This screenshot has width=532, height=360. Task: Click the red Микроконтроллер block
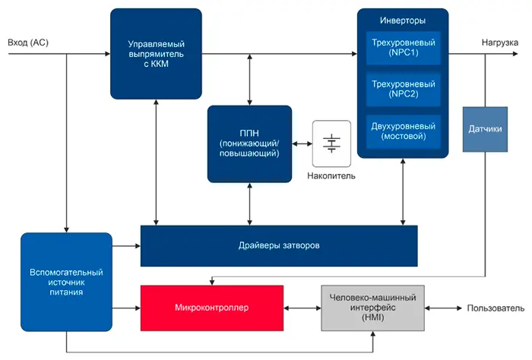click(212, 308)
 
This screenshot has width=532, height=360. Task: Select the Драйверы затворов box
click(279, 245)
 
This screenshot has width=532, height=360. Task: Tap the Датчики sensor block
click(485, 129)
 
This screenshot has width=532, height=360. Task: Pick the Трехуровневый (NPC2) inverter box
click(404, 90)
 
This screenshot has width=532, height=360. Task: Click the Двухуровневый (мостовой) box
click(404, 131)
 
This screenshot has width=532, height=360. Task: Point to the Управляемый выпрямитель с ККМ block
click(156, 54)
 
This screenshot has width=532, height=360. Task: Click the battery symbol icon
click(331, 143)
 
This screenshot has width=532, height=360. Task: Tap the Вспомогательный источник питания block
click(66, 281)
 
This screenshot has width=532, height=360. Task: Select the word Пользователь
click(496, 309)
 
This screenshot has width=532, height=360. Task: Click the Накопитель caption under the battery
click(331, 176)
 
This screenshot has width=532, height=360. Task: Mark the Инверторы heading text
click(402, 19)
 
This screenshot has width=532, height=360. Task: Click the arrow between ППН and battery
click(302, 144)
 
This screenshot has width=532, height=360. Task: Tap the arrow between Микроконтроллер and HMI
click(302, 308)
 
